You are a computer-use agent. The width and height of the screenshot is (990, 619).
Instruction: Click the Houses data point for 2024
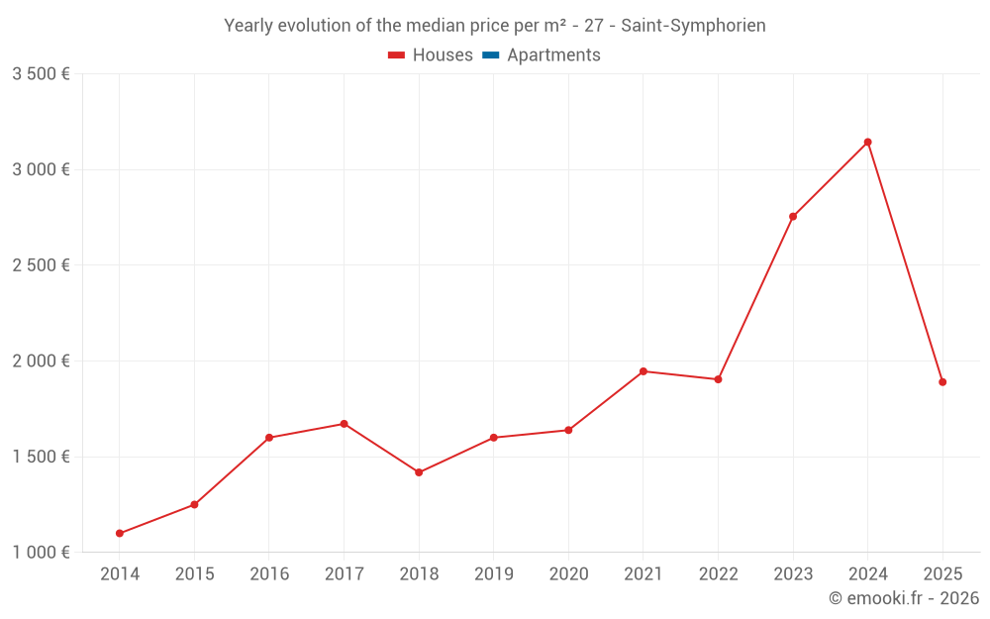coord(867,142)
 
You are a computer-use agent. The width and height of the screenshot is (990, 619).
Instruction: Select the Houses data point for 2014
coord(120,533)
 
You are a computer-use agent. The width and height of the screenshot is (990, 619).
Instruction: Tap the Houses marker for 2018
coord(419,472)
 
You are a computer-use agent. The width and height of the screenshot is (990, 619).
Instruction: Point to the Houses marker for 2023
coord(793,216)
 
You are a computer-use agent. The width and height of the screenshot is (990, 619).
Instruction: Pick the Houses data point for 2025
coord(942,381)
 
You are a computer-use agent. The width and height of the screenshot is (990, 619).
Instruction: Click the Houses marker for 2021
coord(643,371)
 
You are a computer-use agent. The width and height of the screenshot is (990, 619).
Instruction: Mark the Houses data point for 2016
coord(269,438)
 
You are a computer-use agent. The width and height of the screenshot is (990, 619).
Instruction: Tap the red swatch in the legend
coord(396,55)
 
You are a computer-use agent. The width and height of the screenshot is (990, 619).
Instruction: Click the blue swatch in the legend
coord(490,55)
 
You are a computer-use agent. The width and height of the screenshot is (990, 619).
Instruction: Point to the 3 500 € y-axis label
coord(41,74)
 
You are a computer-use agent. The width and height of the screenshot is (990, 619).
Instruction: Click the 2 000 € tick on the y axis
coord(41,361)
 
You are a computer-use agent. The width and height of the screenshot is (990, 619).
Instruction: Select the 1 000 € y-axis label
coord(41,553)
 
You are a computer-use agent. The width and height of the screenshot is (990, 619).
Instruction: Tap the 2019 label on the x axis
coord(493,573)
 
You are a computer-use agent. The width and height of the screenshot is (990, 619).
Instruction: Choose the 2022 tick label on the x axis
coord(718,573)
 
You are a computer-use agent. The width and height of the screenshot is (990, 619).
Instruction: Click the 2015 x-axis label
coord(194,573)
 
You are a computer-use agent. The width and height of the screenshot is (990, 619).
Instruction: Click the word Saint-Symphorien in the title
coord(693,26)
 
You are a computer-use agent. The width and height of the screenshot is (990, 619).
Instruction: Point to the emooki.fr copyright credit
coord(903,598)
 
